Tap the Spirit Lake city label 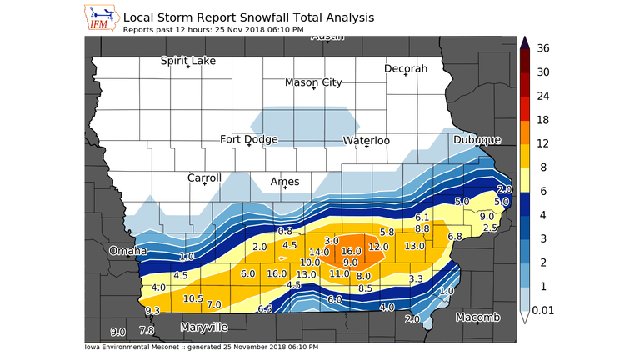(x=188, y=61)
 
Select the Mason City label (x=313, y=82)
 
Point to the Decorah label (x=406, y=68)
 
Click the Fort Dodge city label (x=249, y=139)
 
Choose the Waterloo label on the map (x=367, y=141)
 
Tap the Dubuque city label (x=477, y=140)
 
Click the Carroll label (x=204, y=177)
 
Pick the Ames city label (x=285, y=181)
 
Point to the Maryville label (x=204, y=326)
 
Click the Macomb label (x=477, y=317)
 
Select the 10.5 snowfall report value (x=193, y=298)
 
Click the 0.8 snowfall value (x=285, y=230)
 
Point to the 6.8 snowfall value (x=455, y=237)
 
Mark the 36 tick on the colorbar (x=543, y=48)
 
